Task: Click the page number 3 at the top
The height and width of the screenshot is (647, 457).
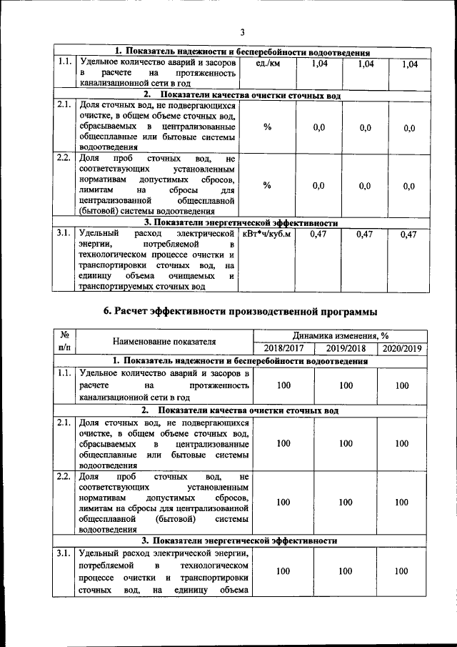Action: (242, 32)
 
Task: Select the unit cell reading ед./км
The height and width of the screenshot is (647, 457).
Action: (266, 64)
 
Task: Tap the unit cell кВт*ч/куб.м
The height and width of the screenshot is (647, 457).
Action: (267, 234)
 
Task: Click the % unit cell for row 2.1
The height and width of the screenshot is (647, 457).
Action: (267, 127)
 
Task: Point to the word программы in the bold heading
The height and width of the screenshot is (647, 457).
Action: (340, 311)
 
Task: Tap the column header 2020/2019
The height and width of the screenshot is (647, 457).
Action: (402, 348)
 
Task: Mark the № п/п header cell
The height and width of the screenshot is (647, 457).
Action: (64, 341)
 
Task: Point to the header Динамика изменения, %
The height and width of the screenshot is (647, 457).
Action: (340, 335)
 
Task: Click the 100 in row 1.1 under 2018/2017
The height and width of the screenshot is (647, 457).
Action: (283, 386)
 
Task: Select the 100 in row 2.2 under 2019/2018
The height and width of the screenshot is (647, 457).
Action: (346, 502)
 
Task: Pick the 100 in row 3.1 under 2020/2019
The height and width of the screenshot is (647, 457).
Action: (402, 571)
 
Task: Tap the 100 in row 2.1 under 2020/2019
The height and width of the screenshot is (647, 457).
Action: (402, 444)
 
